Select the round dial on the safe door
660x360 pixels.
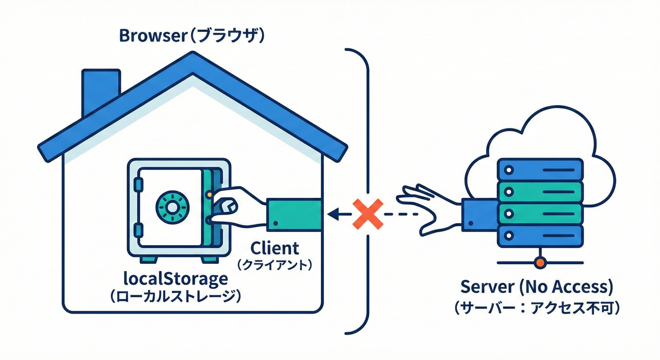[x=172, y=206]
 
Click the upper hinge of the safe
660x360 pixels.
[x=137, y=184]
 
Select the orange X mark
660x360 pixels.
[x=368, y=214]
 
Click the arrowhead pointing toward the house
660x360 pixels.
[x=333, y=214]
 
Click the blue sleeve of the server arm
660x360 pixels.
[x=478, y=214]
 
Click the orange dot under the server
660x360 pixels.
[x=540, y=263]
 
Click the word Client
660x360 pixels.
[x=275, y=248]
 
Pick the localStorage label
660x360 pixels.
[x=175, y=279]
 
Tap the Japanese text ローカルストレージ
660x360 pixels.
[x=175, y=297]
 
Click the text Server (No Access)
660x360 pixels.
[x=537, y=286]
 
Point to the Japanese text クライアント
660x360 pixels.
[x=274, y=265]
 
